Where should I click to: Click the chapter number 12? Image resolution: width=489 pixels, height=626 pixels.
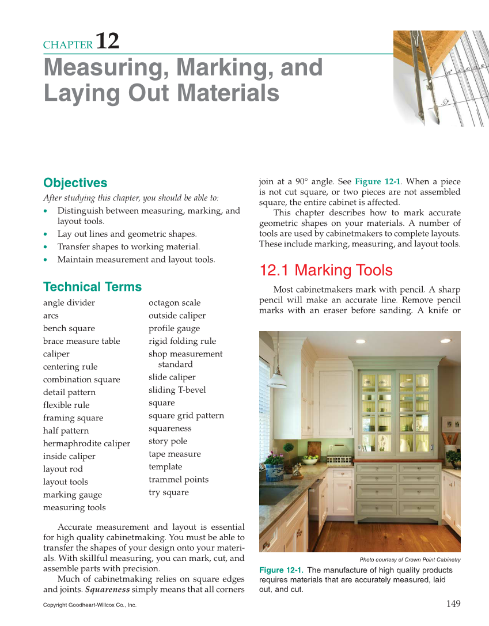107,41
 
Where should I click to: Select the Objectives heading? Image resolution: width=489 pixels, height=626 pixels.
75,183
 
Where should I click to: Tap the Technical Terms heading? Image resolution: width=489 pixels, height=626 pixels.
92,287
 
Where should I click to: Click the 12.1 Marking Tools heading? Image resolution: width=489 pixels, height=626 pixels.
326,271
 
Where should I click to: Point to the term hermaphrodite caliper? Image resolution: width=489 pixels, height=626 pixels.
86,443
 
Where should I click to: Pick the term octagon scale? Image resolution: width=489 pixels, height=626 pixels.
175,303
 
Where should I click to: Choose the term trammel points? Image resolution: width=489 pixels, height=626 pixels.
179,480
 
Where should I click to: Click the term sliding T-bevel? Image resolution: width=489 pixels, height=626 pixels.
177,390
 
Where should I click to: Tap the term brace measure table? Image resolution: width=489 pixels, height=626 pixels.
81,341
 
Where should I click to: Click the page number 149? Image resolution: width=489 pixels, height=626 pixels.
453,604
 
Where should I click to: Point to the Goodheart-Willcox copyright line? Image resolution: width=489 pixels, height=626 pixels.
89,605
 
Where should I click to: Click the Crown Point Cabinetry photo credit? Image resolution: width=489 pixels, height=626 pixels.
410,560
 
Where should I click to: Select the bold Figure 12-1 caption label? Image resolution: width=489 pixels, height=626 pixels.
281,570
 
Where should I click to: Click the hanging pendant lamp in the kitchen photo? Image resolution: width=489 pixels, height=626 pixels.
278,377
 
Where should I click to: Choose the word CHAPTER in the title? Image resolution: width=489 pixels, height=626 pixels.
68,45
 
